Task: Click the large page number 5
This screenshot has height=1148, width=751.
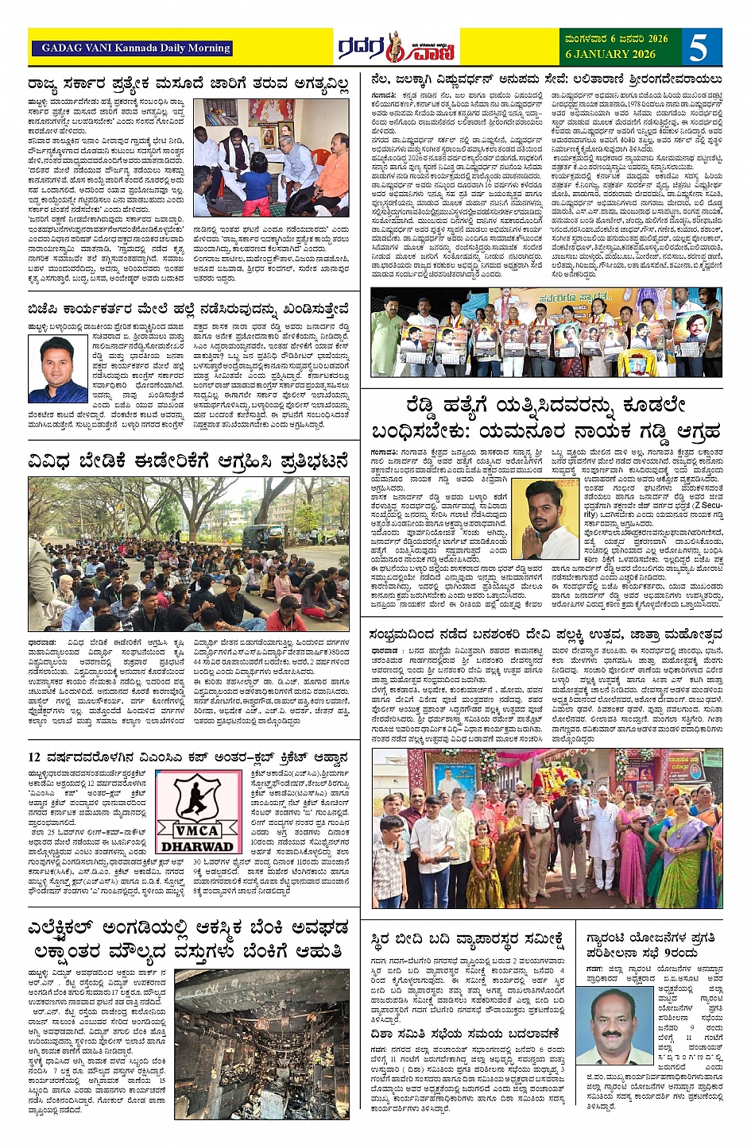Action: [697, 48]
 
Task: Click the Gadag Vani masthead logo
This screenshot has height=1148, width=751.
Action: [395, 48]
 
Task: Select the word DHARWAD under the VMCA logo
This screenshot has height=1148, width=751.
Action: [198, 846]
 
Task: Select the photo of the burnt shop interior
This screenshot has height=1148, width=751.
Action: [261, 1044]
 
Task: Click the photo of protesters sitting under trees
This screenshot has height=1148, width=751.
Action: [188, 553]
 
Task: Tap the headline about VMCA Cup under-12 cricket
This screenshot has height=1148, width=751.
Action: [188, 757]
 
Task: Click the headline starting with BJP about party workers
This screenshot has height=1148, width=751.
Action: [188, 308]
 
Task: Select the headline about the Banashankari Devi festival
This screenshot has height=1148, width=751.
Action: [545, 634]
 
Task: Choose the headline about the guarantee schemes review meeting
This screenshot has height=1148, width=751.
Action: [652, 945]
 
